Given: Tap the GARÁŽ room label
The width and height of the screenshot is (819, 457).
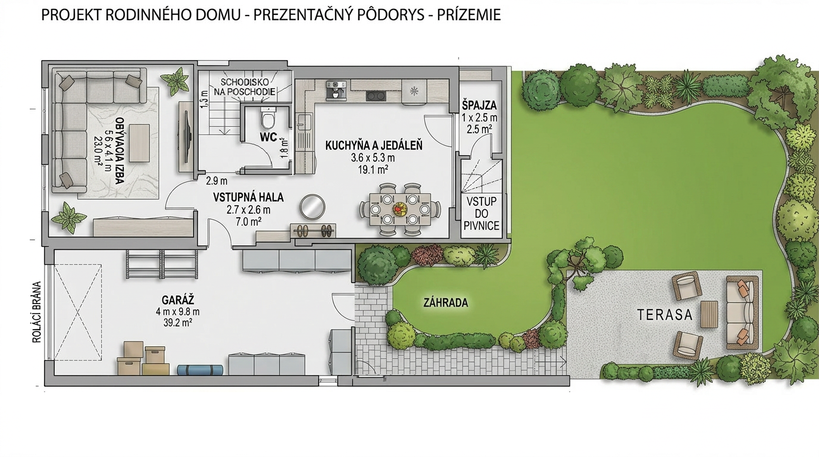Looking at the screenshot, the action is pyautogui.click(x=178, y=301).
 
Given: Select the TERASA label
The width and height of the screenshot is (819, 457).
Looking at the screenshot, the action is pyautogui.click(x=665, y=315).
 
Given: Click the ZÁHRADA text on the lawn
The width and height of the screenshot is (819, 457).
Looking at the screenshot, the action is pyautogui.click(x=446, y=303).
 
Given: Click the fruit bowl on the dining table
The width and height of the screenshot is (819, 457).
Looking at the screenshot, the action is pyautogui.click(x=400, y=209).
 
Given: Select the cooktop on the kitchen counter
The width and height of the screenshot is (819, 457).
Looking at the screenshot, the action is pyautogui.click(x=376, y=96).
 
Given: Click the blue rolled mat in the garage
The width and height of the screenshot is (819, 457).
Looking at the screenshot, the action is pyautogui.click(x=201, y=370).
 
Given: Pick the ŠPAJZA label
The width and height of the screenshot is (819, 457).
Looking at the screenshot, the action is pyautogui.click(x=479, y=106).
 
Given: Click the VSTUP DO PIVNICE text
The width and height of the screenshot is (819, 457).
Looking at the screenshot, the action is pyautogui.click(x=482, y=214).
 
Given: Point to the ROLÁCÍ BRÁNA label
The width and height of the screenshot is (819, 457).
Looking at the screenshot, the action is pyautogui.click(x=36, y=312).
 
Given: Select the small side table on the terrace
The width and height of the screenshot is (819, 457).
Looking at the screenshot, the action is pyautogui.click(x=709, y=314).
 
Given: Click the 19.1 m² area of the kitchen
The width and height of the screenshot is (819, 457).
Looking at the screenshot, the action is pyautogui.click(x=373, y=170).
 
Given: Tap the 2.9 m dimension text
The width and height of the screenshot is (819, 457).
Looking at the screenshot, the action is pyautogui.click(x=217, y=181).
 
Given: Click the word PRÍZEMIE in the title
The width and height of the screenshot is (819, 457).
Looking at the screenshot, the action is pyautogui.click(x=469, y=15).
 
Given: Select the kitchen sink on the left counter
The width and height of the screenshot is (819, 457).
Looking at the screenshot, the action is pyautogui.click(x=304, y=121).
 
